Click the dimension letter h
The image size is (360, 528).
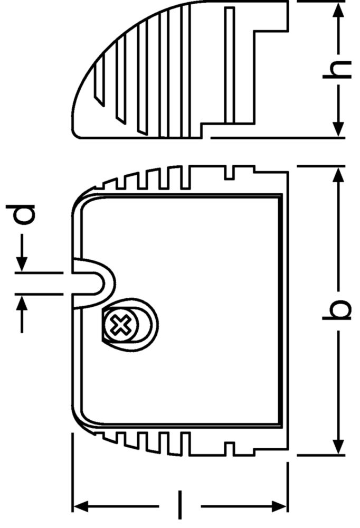[x=337, y=70]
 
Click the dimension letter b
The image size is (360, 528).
[x=337, y=309]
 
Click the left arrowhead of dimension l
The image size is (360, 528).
[x=81, y=506]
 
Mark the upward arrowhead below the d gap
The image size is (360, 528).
[x=22, y=303]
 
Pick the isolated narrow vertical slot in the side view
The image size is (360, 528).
[x=229, y=65]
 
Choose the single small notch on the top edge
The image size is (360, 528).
[x=229, y=172]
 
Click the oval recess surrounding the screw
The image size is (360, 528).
[x=130, y=325]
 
